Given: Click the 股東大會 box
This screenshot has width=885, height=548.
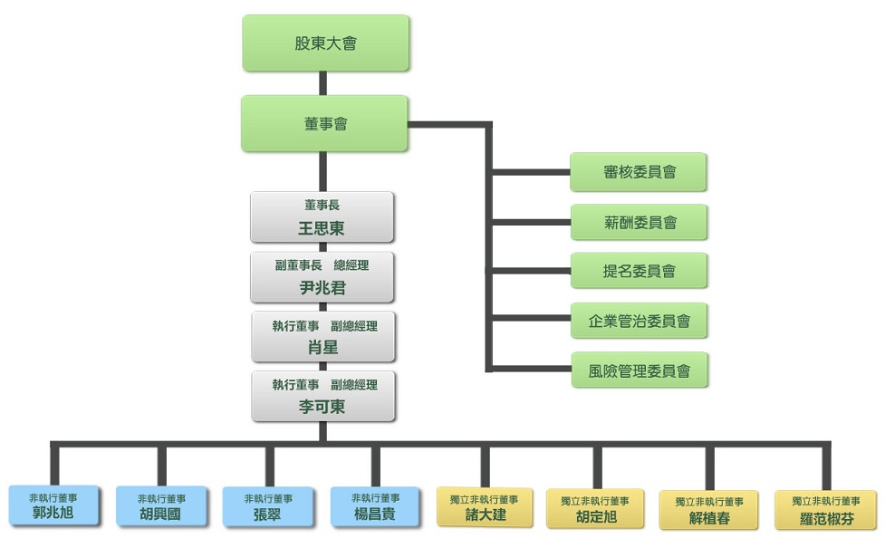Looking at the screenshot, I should [x=325, y=43].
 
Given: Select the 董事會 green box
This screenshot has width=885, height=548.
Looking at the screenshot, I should [x=325, y=124].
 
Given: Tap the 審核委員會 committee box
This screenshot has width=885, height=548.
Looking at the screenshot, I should [x=638, y=172].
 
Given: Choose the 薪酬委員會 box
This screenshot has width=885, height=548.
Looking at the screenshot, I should [x=638, y=222].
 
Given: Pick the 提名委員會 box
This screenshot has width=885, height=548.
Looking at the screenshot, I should [x=638, y=271].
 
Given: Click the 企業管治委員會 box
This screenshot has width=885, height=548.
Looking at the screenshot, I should [x=639, y=321].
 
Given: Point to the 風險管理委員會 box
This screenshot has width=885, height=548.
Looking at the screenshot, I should [x=639, y=370].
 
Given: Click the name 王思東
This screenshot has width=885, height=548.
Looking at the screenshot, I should [x=322, y=228].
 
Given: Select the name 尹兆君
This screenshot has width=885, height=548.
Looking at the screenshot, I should [x=322, y=289].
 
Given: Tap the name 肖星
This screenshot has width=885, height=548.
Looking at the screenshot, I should [x=322, y=349].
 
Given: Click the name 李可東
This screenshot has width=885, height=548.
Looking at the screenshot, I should [x=322, y=407].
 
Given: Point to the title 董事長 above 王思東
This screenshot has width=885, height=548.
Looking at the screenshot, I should [x=322, y=206].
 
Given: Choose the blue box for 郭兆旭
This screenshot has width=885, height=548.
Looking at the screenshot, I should [x=53, y=507].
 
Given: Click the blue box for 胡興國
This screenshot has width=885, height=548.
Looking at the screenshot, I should [x=161, y=508].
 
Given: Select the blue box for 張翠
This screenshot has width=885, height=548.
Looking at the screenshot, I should [x=268, y=508].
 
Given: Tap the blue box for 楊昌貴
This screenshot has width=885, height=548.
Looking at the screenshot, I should [x=375, y=507].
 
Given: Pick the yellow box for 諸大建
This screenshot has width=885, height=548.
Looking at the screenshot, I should [x=486, y=507].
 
